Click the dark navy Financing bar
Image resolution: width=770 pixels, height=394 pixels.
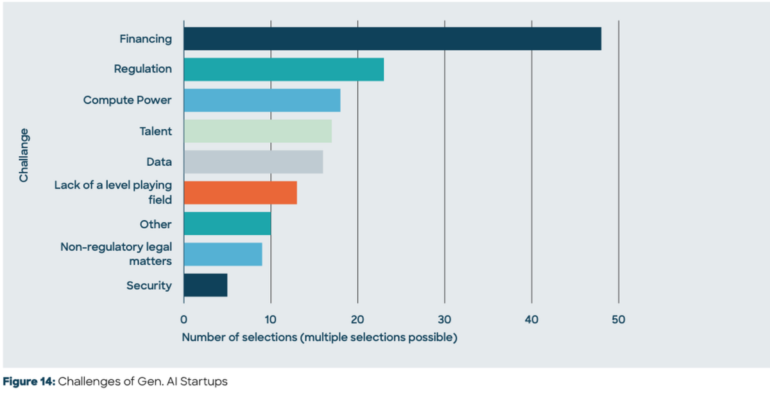[x=392, y=39]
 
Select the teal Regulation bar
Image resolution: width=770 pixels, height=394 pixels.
[x=284, y=69]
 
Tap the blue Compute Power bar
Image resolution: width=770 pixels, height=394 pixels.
[x=262, y=100]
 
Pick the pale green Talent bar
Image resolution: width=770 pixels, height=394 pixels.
[x=257, y=131]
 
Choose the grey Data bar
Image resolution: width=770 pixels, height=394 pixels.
[x=253, y=162]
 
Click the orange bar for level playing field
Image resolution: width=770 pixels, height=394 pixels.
[x=240, y=193]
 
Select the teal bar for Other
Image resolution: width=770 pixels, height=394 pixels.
[x=227, y=224]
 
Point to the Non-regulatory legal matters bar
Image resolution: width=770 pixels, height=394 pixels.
[x=223, y=255]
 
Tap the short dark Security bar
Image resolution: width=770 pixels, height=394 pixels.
[x=205, y=285]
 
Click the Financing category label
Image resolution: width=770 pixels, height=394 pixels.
[x=146, y=39]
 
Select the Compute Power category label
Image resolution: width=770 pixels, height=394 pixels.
[x=127, y=100]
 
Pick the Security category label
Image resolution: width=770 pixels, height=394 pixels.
[x=149, y=285]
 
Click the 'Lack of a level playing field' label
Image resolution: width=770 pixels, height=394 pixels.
[x=113, y=193]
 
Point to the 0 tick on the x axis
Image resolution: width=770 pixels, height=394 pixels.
[x=184, y=318]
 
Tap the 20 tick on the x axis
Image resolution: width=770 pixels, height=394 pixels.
[x=357, y=318]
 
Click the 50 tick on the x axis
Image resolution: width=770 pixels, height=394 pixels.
[x=619, y=318]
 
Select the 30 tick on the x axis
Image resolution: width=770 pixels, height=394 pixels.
[x=445, y=318]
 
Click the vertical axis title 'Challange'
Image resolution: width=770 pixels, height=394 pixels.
[x=24, y=156]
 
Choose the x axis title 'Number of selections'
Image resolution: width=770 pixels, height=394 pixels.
[x=320, y=337]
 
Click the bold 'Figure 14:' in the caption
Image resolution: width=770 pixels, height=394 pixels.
[x=30, y=382]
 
